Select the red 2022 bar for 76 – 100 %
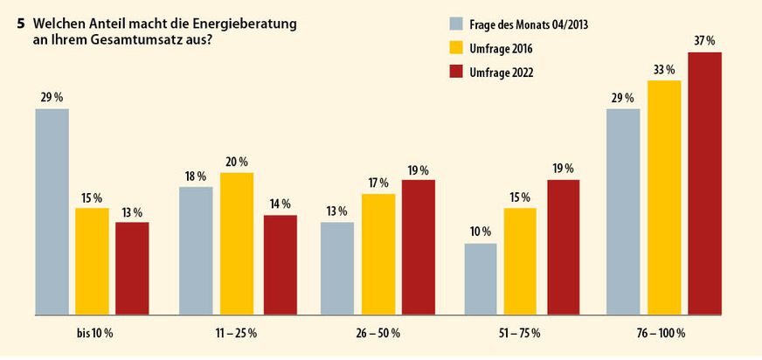(704, 183)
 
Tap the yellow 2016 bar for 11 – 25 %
(236, 243)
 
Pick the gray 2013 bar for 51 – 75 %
(481, 278)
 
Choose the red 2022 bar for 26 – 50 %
(418, 246)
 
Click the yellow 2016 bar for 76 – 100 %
(663, 197)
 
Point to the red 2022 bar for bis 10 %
(132, 267)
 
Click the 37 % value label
(704, 41)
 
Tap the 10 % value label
(481, 232)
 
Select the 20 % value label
(236, 162)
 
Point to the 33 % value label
(663, 69)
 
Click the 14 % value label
(280, 204)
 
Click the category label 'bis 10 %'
(94, 333)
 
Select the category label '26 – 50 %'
(378, 333)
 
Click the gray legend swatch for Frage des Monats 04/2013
(454, 24)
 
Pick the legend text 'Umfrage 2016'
(503, 49)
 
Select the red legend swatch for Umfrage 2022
(454, 73)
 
